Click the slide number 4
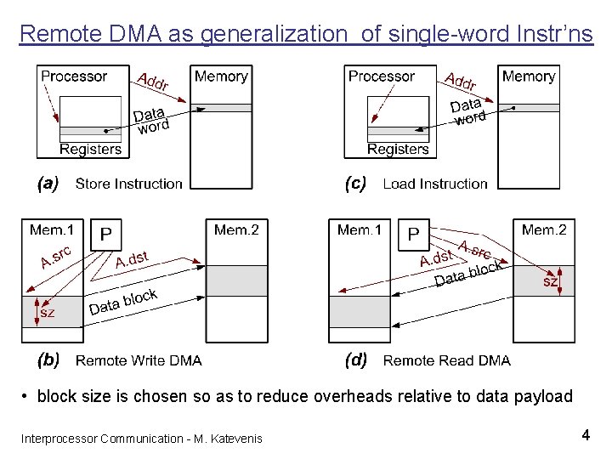pyautogui.click(x=586, y=435)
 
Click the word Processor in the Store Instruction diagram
pyautogui.click(x=74, y=76)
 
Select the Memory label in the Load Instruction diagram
pyautogui.click(x=529, y=76)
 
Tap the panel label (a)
pyautogui.click(x=47, y=183)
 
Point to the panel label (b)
pyautogui.click(x=48, y=360)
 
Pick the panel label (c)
pyautogui.click(x=355, y=183)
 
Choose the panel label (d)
pyautogui.click(x=355, y=360)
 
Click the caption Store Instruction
pyautogui.click(x=129, y=184)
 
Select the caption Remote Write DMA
pyautogui.click(x=139, y=360)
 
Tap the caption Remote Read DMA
pyautogui.click(x=447, y=360)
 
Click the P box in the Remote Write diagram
pyautogui.click(x=106, y=235)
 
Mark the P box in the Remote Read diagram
pyautogui.click(x=414, y=235)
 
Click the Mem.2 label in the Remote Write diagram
pyautogui.click(x=237, y=229)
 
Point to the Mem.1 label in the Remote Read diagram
pyautogui.click(x=360, y=229)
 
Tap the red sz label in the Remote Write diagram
pyautogui.click(x=48, y=313)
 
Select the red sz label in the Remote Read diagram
pyautogui.click(x=551, y=281)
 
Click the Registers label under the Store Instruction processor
pyautogui.click(x=90, y=149)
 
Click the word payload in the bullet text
pyautogui.click(x=543, y=397)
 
